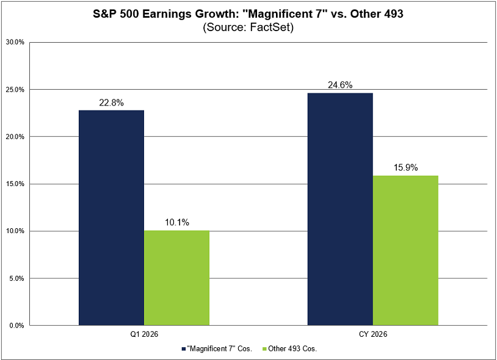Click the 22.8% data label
tap(112, 103)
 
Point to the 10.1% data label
tap(176, 223)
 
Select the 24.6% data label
tap(340, 85)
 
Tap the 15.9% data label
tap(405, 168)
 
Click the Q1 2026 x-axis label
tap(144, 334)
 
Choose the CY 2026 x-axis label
tap(373, 334)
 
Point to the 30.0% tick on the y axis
tap(15, 43)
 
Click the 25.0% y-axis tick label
tap(15, 90)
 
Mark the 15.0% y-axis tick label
tap(15, 184)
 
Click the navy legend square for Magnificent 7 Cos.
tap(184, 349)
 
